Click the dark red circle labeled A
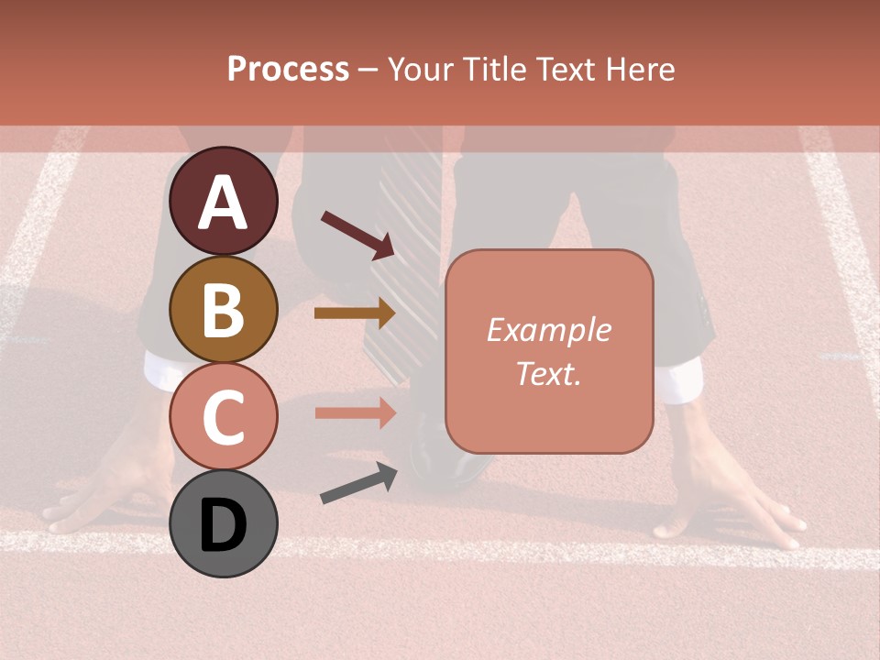tap(224, 201)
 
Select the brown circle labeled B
tap(224, 309)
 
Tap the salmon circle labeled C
tap(224, 416)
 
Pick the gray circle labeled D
tap(224, 523)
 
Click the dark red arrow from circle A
tap(357, 234)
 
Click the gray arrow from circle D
tap(357, 483)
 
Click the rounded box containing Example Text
tap(549, 351)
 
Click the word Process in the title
tap(288, 69)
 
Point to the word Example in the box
tap(548, 330)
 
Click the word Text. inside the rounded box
tap(548, 373)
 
